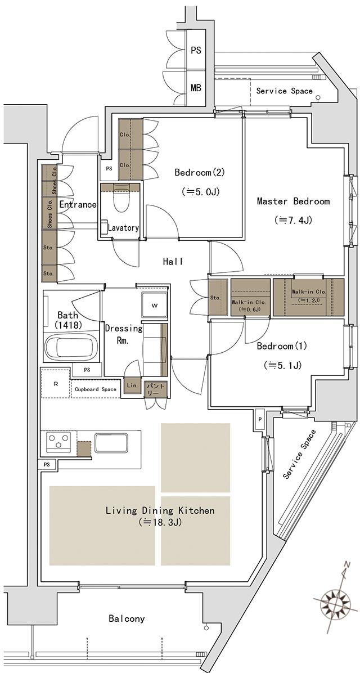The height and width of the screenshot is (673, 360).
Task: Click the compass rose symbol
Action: coord(335,602)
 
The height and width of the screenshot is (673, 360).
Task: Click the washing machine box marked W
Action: coord(154,306)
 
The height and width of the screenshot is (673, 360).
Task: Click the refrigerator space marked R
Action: coord(55,384)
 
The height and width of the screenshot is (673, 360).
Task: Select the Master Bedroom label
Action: coord(293,201)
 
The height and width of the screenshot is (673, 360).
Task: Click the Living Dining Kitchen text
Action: coord(160,511)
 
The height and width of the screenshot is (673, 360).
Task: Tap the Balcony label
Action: coord(127,618)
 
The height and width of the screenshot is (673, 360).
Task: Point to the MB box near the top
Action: coord(196,88)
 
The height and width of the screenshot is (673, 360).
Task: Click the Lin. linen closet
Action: coord(132,386)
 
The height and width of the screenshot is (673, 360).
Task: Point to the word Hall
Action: coord(173,261)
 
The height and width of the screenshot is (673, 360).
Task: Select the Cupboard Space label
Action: coord(96,389)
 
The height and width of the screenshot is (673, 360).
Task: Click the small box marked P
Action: coord(259,419)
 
